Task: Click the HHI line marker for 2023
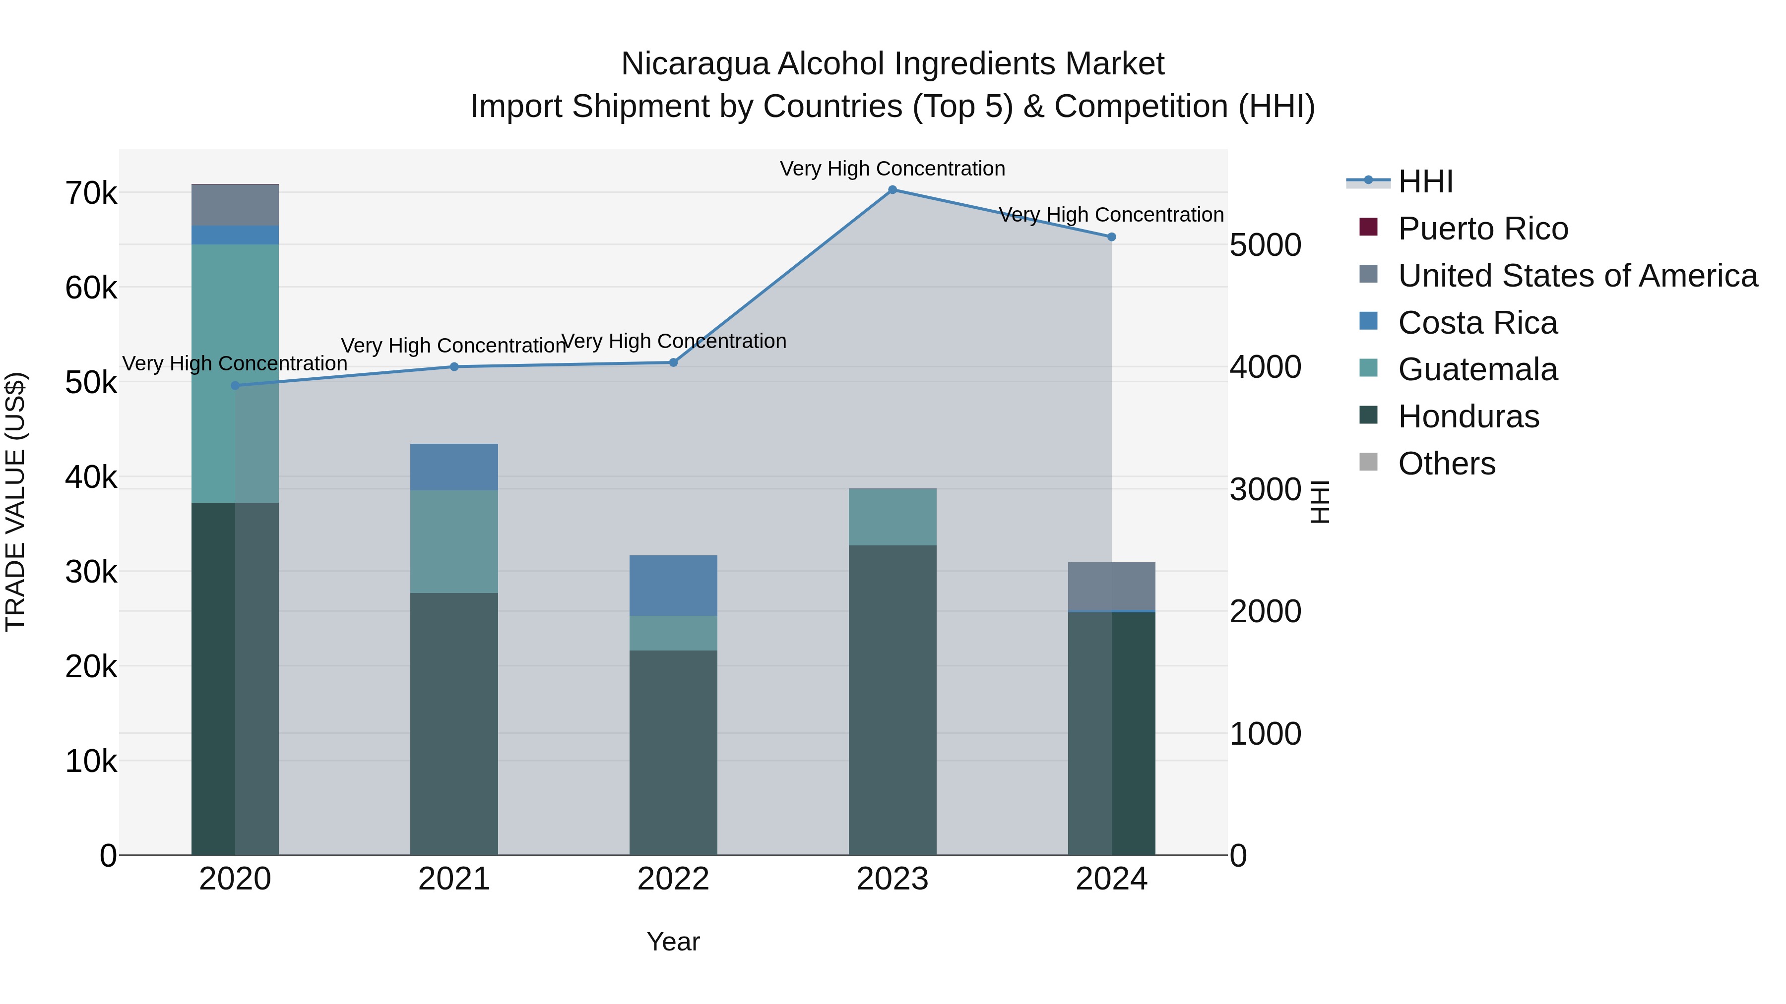coord(893,190)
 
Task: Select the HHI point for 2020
coord(235,385)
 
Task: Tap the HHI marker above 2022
coord(673,362)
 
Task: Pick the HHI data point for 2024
coord(1111,237)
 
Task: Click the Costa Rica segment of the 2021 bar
coord(454,467)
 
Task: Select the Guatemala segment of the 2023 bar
coord(893,517)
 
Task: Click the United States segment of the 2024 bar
coord(1111,586)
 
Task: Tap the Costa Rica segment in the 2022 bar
coord(673,586)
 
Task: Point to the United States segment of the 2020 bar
coord(235,205)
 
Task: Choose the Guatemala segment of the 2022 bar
coord(673,633)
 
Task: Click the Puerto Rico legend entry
coord(1482,229)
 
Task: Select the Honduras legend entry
coord(1468,416)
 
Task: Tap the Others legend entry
coord(1446,464)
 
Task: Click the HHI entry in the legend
coord(1425,181)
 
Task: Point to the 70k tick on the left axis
coord(91,193)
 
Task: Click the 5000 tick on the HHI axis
coord(1265,245)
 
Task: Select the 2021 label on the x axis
coord(454,879)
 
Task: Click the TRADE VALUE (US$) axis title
coord(16,502)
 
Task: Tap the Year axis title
coord(673,942)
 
